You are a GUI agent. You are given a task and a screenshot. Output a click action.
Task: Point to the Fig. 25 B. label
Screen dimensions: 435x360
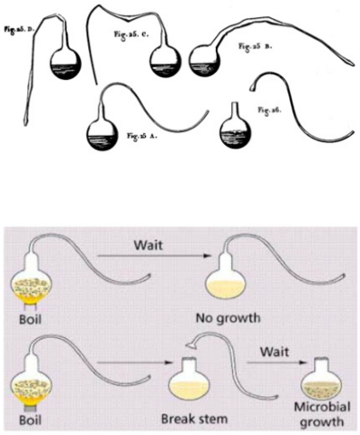(x=255, y=44)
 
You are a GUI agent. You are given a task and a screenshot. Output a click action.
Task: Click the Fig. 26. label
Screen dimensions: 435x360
(x=269, y=110)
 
